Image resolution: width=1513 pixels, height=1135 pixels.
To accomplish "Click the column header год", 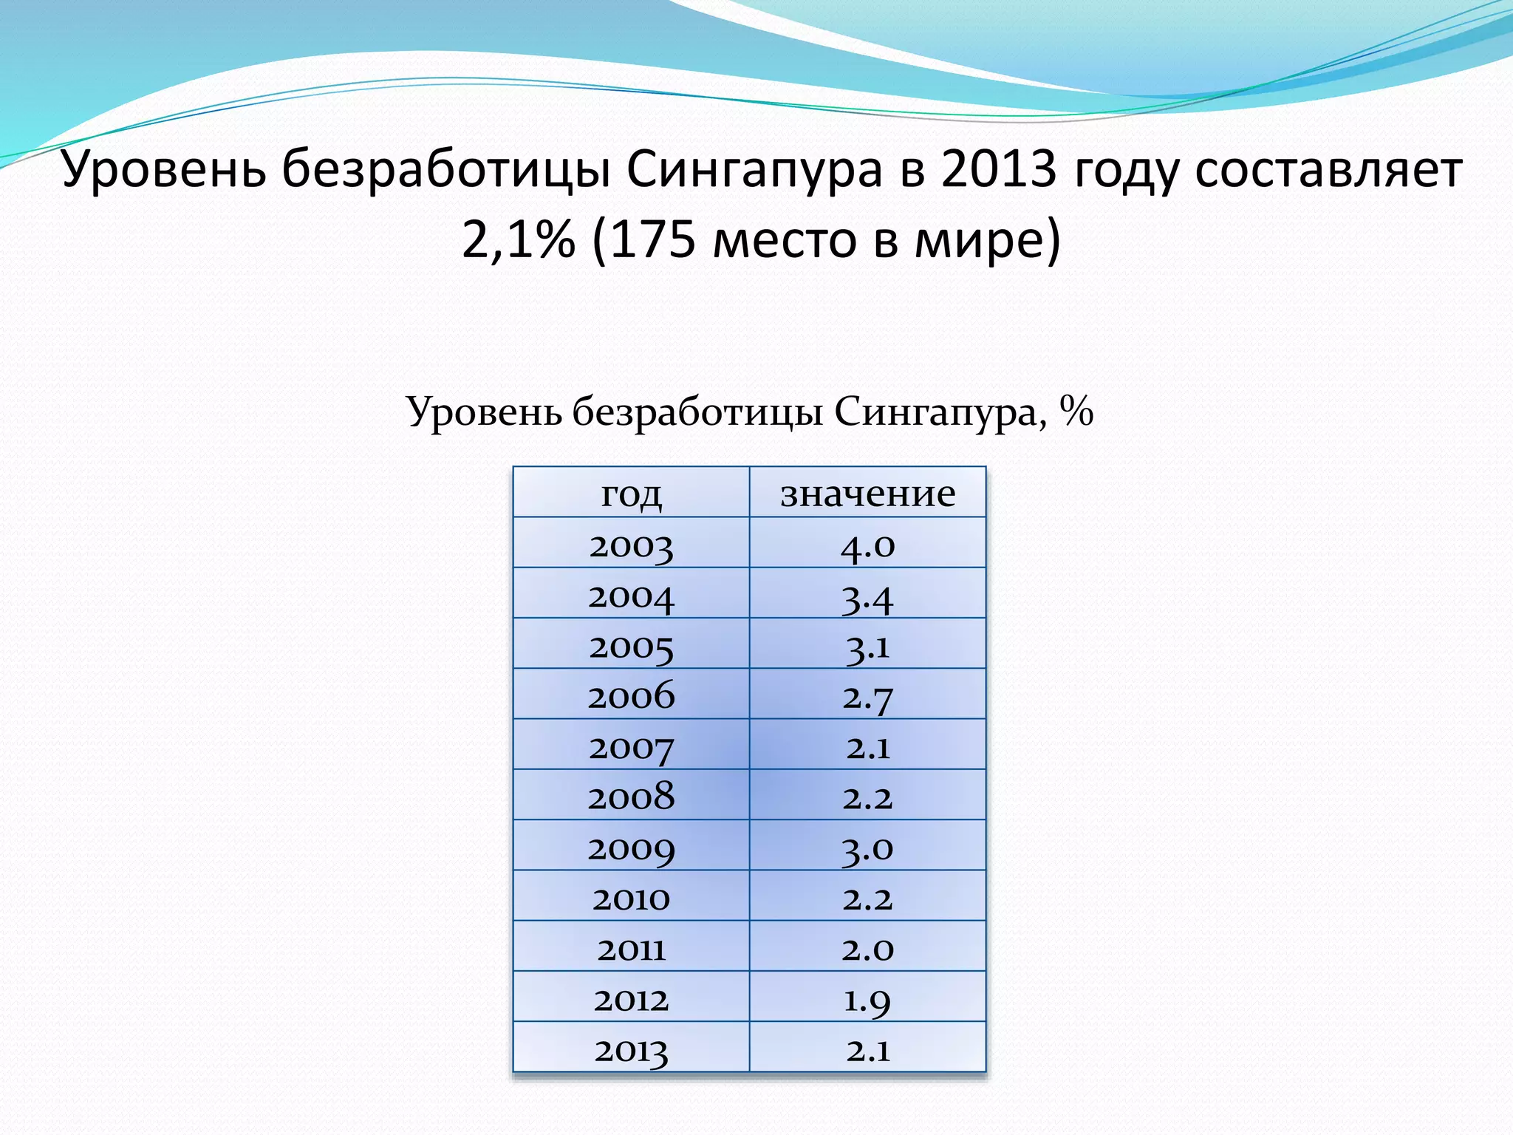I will click(631, 494).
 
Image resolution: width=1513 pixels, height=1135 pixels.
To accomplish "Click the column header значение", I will click(867, 494).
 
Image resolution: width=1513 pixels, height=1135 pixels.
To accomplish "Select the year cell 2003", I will click(631, 545).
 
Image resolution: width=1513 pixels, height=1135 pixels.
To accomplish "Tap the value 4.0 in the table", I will click(867, 545).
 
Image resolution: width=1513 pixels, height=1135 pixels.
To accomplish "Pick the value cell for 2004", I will click(867, 596).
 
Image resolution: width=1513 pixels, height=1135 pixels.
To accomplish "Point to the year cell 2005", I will click(631, 647).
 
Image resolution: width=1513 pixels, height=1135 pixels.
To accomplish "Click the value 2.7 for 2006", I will click(867, 697).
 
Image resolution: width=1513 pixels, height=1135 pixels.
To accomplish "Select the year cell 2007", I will click(631, 747).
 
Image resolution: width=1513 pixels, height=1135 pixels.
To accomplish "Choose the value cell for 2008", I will click(867, 797).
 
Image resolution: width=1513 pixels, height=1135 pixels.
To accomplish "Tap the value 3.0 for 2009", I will click(867, 848).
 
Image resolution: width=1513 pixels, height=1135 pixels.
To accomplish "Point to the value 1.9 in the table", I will click(867, 999).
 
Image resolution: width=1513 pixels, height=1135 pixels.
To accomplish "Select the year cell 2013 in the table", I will click(631, 1049).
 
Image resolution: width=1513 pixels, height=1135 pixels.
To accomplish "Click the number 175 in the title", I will click(653, 241).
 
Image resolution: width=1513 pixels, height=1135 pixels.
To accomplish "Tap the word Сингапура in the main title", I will click(754, 170).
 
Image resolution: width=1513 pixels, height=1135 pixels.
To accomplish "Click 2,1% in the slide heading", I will click(518, 241).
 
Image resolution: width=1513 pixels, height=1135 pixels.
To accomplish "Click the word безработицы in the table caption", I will click(697, 412).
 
